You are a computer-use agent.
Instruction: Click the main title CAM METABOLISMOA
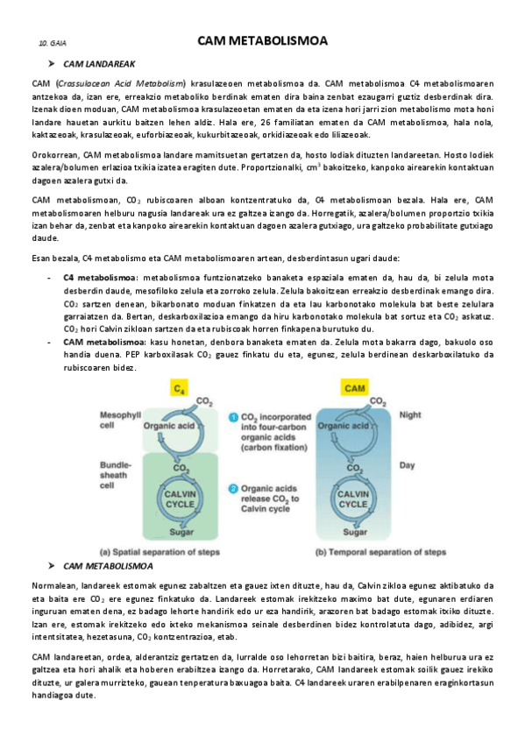tap(261, 40)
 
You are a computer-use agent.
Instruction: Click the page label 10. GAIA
tap(53, 43)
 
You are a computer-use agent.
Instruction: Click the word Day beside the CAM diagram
tap(407, 465)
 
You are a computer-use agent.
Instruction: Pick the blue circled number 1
tap(232, 417)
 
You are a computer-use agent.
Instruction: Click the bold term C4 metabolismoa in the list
tap(99, 277)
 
